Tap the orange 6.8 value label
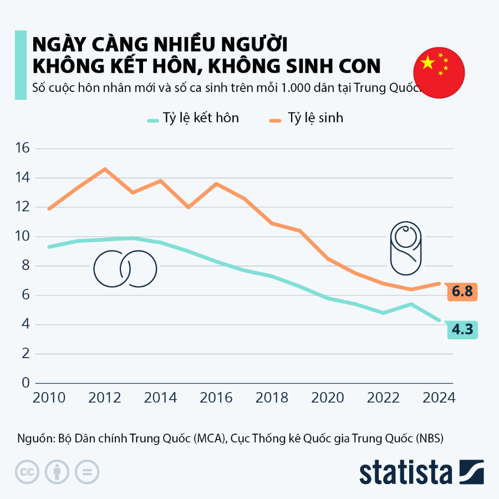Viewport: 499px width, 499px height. point(461,292)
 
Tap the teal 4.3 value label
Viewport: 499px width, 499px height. point(461,329)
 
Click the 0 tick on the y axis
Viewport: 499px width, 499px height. point(25,383)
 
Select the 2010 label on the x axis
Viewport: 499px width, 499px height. point(49,398)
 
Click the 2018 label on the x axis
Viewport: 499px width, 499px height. point(272,398)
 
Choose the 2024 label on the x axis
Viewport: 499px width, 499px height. point(439,398)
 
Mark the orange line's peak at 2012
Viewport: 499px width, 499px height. point(105,169)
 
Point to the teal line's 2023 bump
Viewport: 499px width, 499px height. point(411,304)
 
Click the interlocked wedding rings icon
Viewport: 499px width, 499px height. point(125,269)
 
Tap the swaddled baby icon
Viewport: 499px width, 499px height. point(405,248)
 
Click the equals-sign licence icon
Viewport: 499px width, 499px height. point(86,472)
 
